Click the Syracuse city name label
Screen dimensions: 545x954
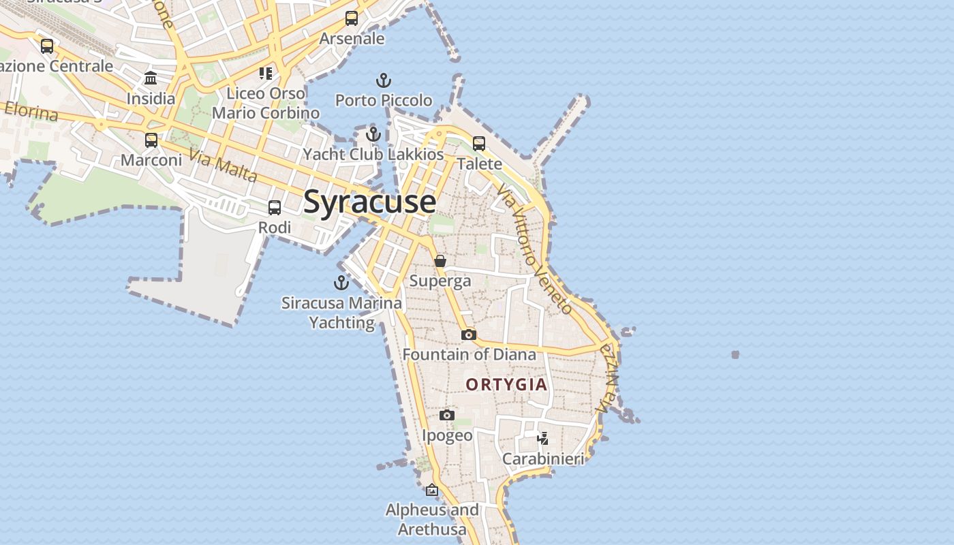369,202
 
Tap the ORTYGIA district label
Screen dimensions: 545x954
506,384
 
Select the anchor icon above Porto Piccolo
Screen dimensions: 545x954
384,81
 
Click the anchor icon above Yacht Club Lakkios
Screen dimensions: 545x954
373,134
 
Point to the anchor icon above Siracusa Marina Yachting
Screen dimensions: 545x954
341,282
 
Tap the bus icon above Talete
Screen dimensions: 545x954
479,144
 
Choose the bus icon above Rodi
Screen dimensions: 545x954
275,208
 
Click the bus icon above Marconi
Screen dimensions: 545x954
151,140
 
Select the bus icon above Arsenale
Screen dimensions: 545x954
352,18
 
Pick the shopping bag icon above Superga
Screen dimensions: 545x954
440,261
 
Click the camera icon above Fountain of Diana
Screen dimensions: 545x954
468,334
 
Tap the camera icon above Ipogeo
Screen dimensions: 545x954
447,415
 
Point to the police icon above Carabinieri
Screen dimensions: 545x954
542,438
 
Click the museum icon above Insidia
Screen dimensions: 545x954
151,78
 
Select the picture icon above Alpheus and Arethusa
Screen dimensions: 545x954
432,490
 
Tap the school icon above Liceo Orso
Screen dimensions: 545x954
266,73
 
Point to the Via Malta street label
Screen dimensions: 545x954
223,166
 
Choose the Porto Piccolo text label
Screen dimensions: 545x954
384,100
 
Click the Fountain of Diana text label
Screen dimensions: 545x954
469,354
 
